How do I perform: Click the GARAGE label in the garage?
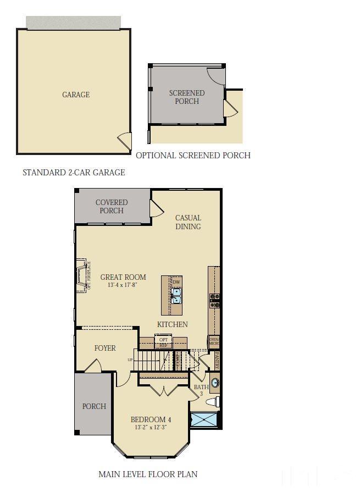tap(76, 95)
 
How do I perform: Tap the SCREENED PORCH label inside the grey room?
tap(187, 97)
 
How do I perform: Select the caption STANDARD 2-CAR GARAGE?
tap(74, 173)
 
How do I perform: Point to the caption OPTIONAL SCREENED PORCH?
tap(193, 156)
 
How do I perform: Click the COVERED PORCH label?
tap(112, 207)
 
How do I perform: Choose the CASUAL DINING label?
tap(188, 222)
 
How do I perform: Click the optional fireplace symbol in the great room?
tap(83, 275)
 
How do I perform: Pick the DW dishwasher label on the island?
tap(176, 282)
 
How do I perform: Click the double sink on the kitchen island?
tap(176, 296)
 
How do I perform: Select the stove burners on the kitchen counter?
tap(214, 300)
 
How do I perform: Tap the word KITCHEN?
tap(173, 324)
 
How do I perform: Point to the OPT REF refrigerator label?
tap(163, 342)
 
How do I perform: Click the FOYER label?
tap(105, 348)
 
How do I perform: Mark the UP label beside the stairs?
tap(130, 360)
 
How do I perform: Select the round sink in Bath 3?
tap(215, 382)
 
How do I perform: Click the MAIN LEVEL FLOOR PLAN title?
tap(148, 474)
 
